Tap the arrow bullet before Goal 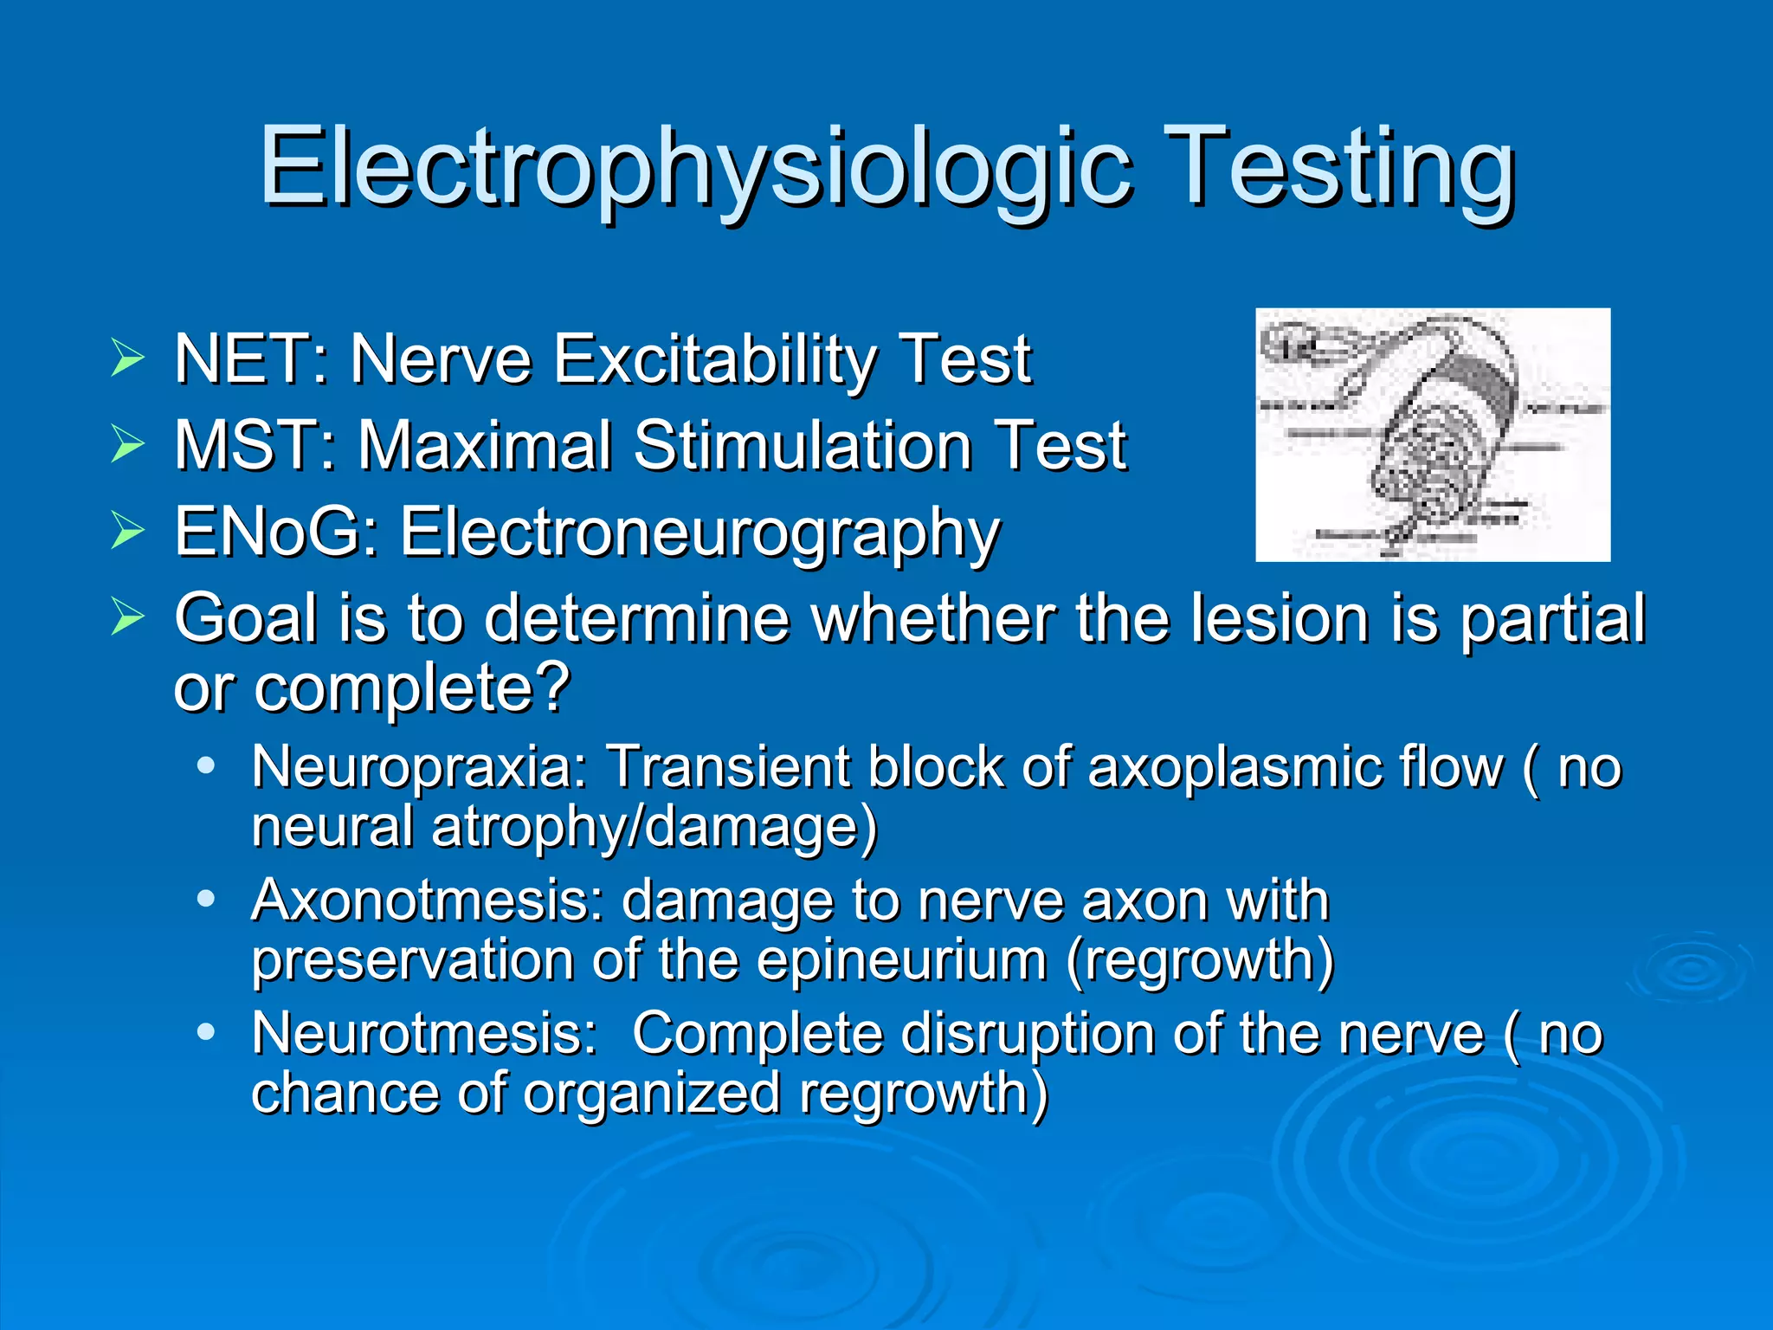[x=127, y=617]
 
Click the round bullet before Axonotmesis [x=205, y=900]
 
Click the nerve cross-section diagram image [x=1432, y=435]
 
